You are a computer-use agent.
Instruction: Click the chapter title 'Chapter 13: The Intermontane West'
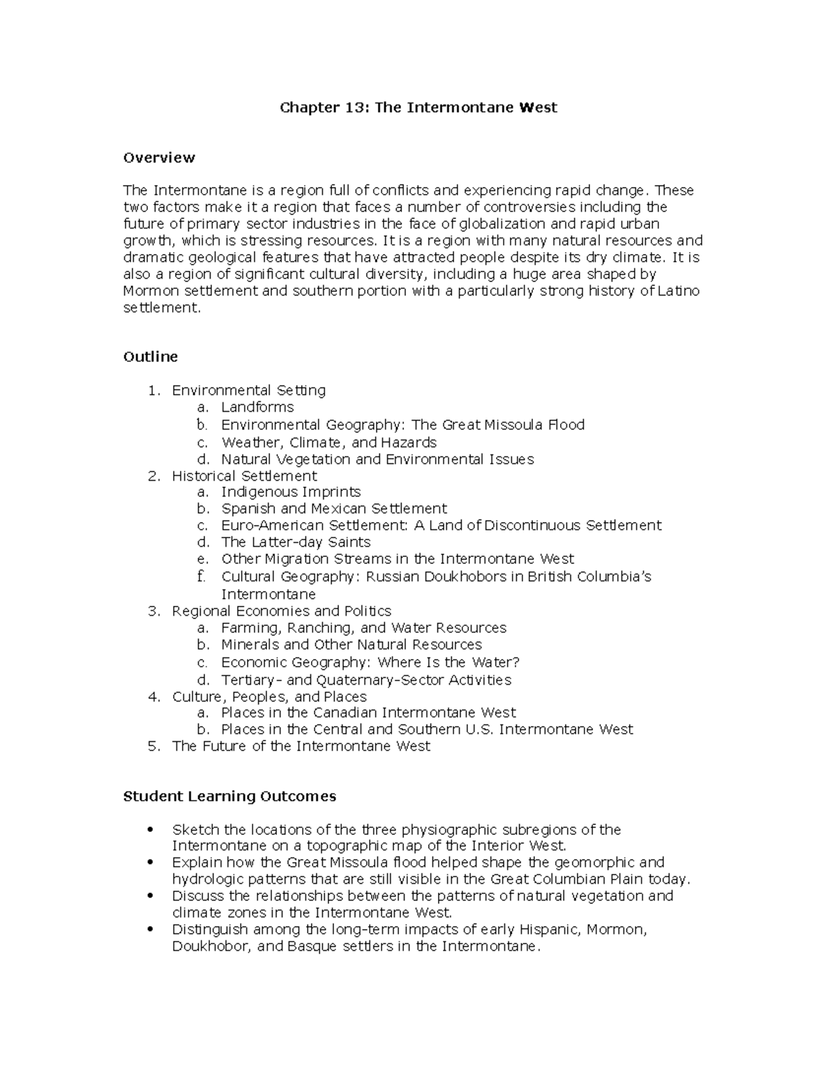[418, 107]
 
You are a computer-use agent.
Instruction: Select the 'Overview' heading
[159, 158]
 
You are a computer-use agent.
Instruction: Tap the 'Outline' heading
[150, 357]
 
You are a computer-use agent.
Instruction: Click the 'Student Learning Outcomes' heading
[229, 796]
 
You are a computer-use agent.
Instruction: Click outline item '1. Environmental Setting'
[248, 390]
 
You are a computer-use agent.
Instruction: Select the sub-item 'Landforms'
[257, 407]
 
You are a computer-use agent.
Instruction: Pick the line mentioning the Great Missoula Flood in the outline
[402, 425]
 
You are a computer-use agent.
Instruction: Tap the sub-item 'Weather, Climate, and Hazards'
[329, 443]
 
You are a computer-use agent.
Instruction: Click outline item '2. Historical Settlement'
[244, 476]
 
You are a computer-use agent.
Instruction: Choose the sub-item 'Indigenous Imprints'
[291, 492]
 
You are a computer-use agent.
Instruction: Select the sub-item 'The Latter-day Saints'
[296, 542]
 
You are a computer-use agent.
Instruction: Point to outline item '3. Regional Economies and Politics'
[281, 611]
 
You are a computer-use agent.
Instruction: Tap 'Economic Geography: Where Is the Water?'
[370, 662]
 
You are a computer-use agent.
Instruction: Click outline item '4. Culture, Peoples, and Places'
[269, 697]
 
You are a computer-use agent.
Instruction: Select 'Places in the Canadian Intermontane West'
[368, 713]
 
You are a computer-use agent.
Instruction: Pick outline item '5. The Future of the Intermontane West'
[301, 746]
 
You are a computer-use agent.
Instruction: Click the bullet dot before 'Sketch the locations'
[150, 830]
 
